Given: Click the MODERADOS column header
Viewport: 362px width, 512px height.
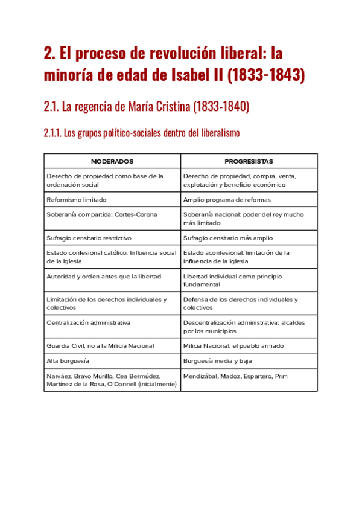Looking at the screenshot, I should click(x=112, y=162).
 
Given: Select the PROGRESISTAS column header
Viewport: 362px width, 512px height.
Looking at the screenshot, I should click(x=249, y=162).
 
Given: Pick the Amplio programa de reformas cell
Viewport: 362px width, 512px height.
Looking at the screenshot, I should click(x=227, y=199).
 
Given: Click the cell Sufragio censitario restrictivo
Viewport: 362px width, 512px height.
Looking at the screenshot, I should click(x=89, y=238).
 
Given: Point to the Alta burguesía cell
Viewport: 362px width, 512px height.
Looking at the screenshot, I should click(x=68, y=360).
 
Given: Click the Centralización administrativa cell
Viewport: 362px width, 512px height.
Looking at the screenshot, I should click(x=89, y=322).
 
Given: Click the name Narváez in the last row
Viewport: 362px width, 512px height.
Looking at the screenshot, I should click(x=59, y=376).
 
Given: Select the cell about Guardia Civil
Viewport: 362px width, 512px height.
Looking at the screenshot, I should click(x=100, y=345).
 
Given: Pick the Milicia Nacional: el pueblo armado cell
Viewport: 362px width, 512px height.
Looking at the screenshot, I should click(x=233, y=345).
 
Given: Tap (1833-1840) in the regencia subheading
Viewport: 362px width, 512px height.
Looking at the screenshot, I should click(x=221, y=107).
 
